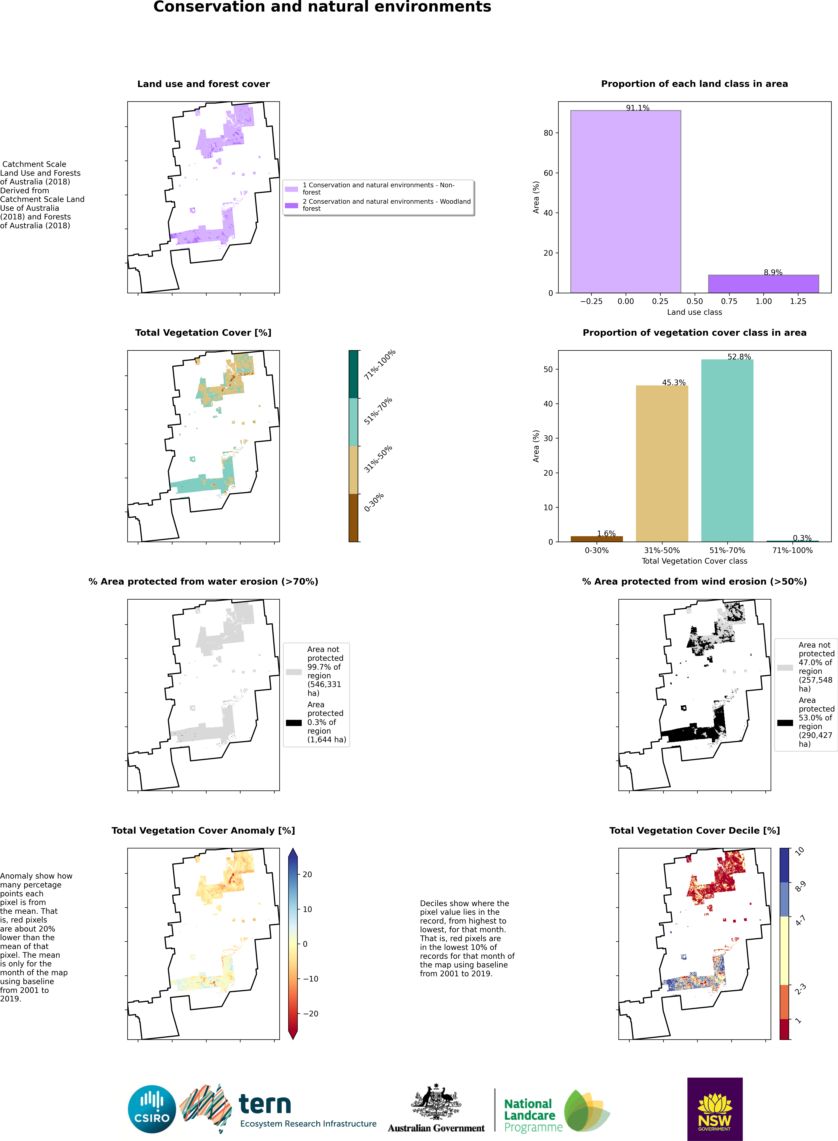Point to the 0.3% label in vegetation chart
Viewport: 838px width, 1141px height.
click(x=802, y=538)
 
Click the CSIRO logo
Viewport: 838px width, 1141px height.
click(x=152, y=1109)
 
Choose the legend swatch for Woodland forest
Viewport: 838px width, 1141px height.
click(x=291, y=206)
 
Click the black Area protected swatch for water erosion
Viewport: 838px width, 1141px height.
click(x=294, y=722)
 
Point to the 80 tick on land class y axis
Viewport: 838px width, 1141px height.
click(x=548, y=133)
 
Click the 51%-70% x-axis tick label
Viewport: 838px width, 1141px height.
click(x=727, y=550)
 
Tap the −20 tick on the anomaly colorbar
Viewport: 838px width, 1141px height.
click(x=310, y=1013)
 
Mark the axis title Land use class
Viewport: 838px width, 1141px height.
click(x=694, y=312)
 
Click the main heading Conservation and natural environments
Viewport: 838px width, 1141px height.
click(x=322, y=7)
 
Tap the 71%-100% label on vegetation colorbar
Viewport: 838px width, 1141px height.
click(x=379, y=364)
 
